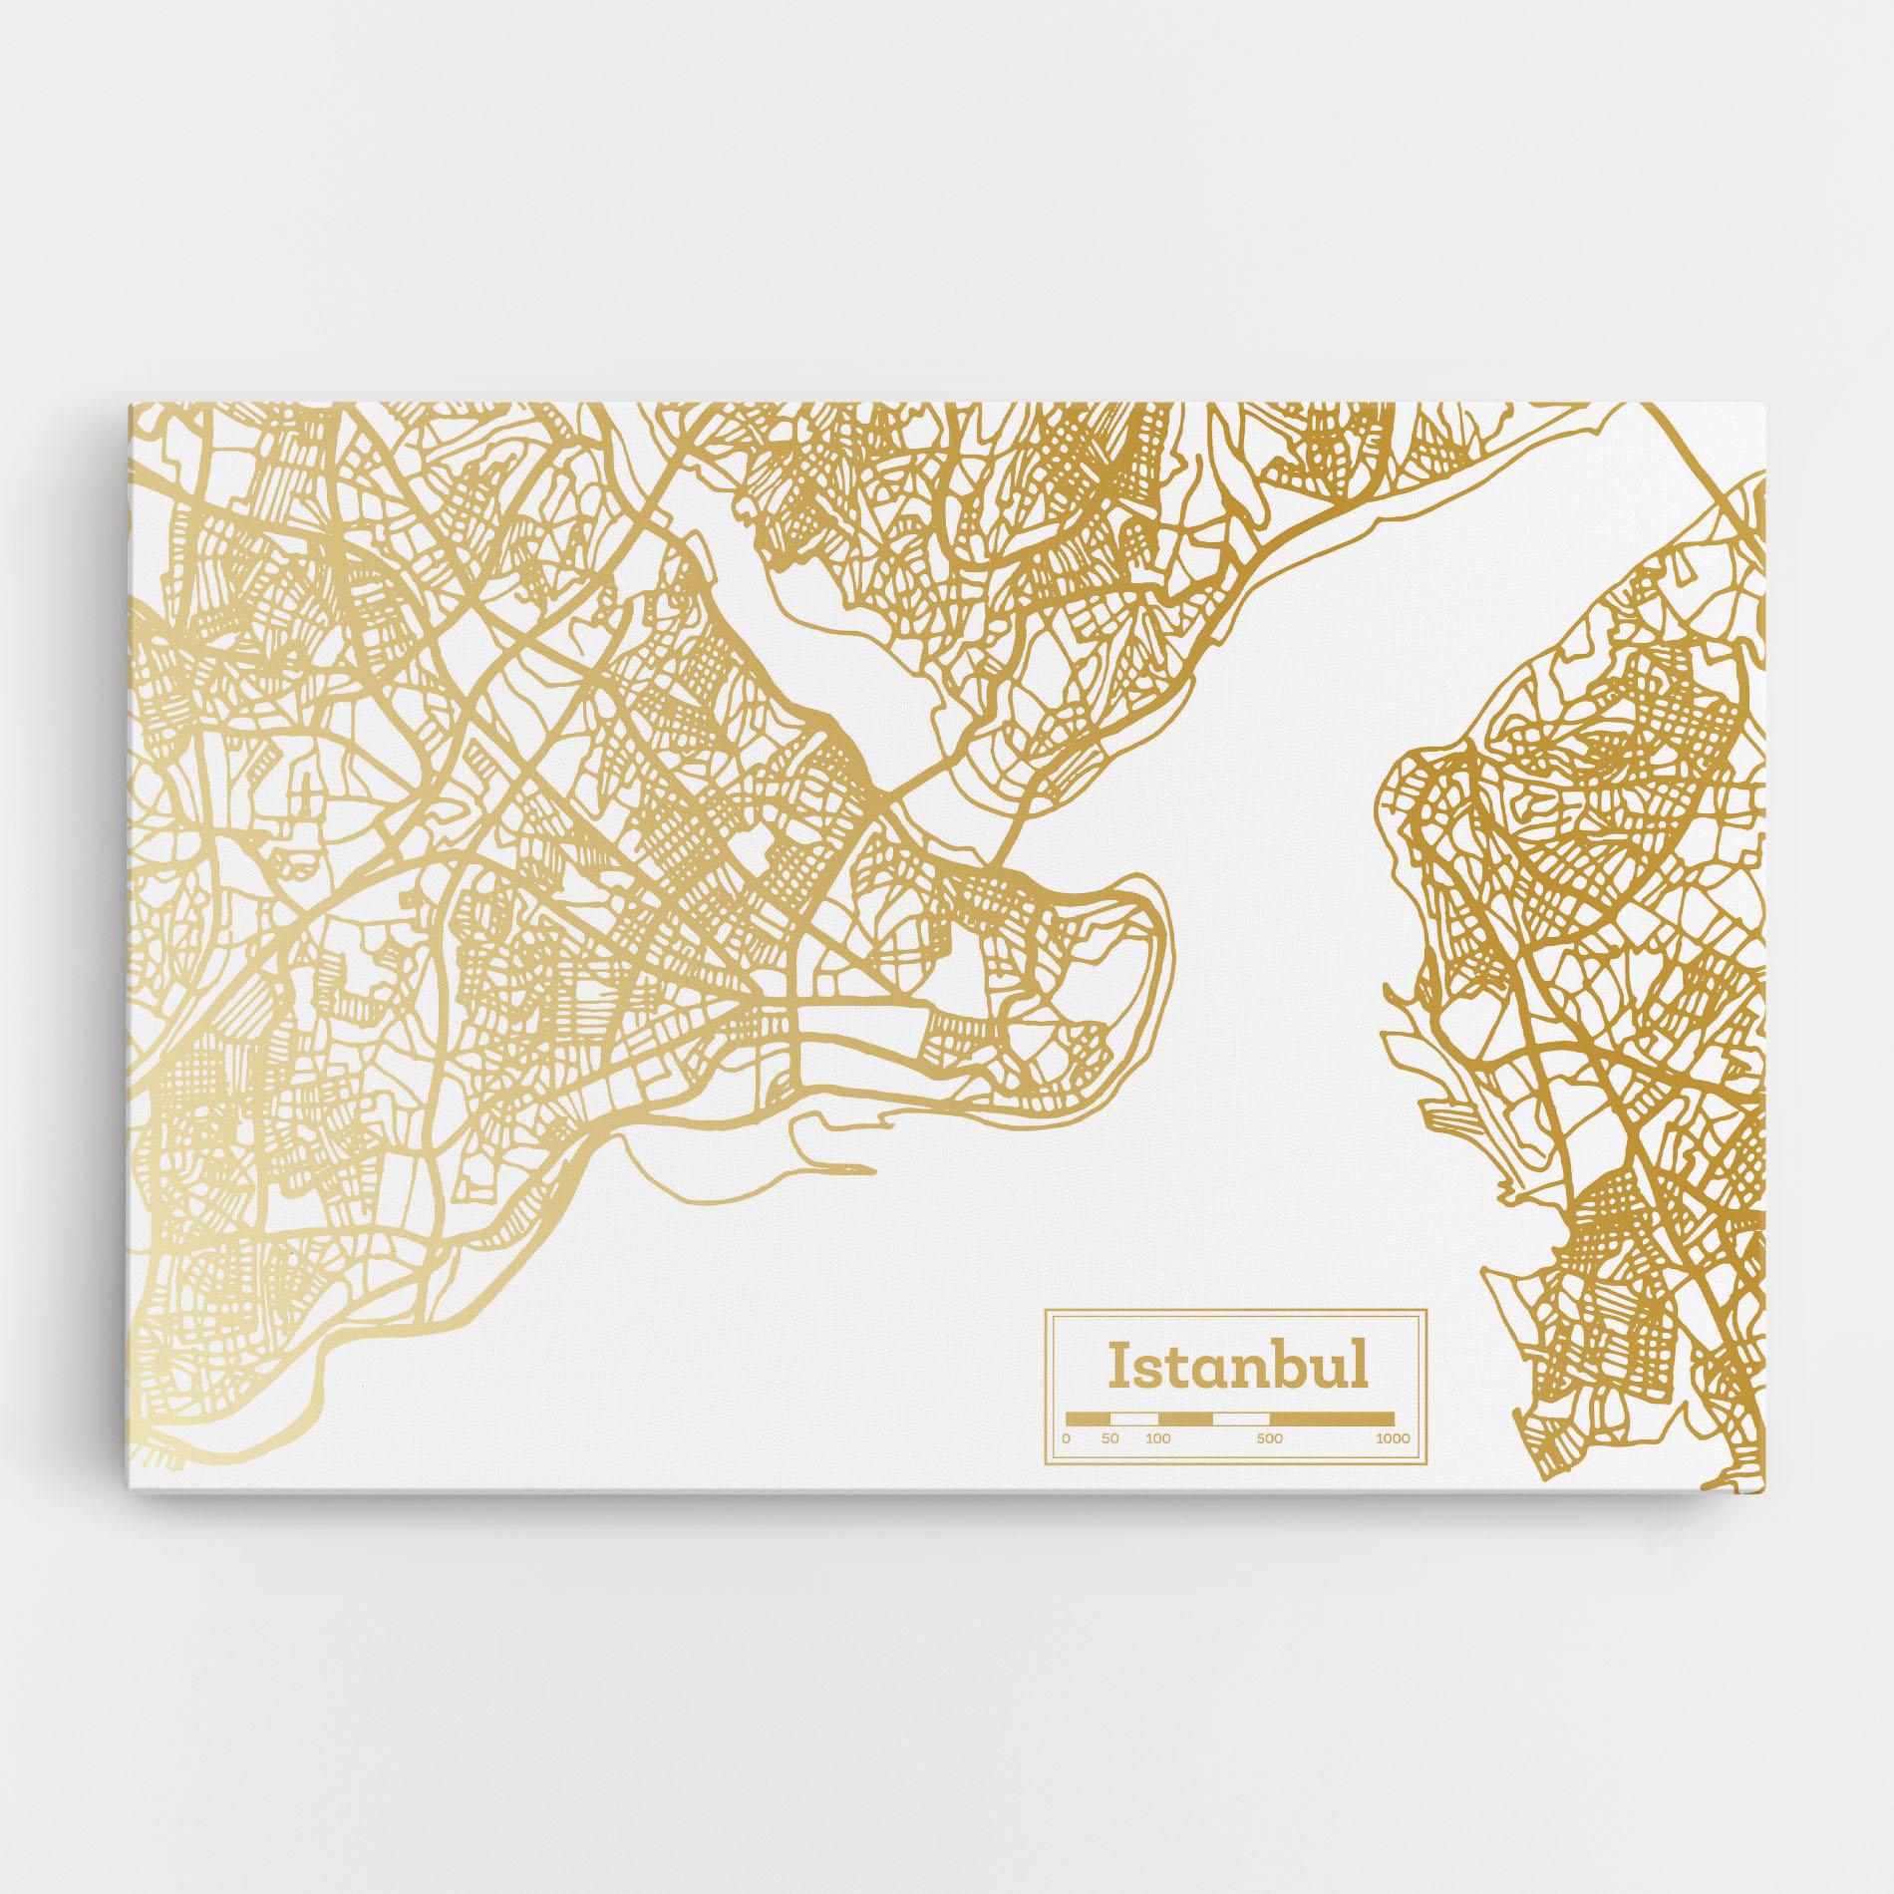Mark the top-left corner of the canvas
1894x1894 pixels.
pos(130,404)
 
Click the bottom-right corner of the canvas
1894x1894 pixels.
pos(1767,1523)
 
